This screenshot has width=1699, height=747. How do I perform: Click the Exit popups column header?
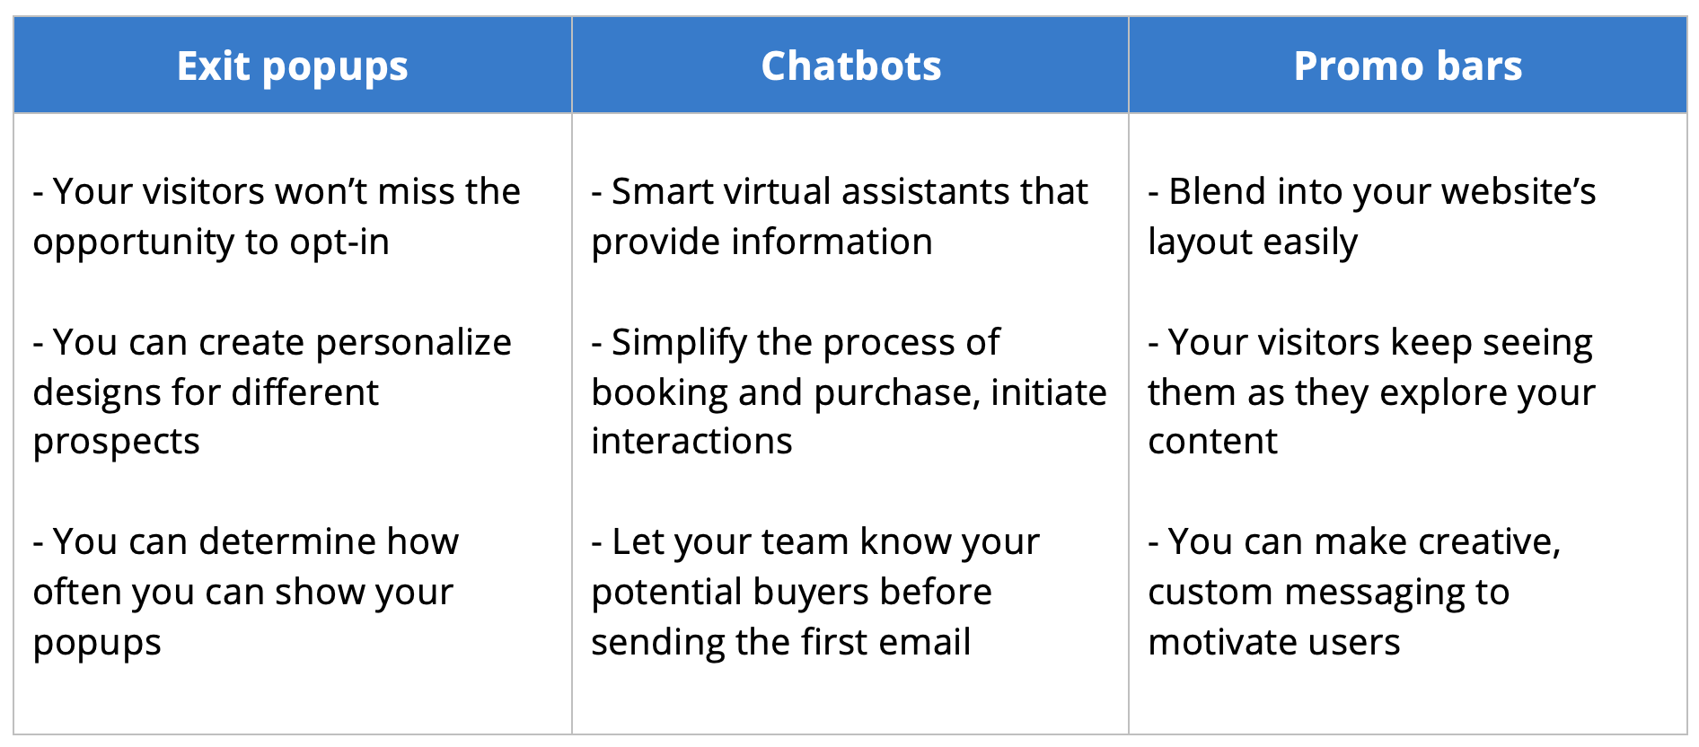point(293,66)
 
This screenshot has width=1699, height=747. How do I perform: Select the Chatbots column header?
point(851,66)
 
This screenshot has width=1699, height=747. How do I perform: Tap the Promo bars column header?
point(1408,66)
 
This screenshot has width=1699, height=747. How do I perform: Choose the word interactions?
point(691,442)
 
